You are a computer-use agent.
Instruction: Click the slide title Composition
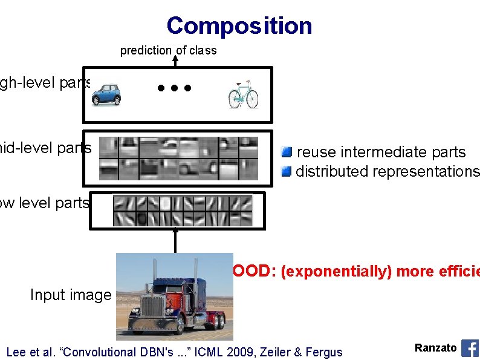pos(239,25)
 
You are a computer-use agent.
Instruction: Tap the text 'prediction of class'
pos(168,51)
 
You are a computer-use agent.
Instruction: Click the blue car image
pos(110,94)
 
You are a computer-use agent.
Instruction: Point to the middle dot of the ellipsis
pos(174,88)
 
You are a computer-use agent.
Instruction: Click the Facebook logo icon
pos(470,348)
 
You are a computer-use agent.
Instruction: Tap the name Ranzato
pos(435,348)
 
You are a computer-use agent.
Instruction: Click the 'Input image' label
pos(71,295)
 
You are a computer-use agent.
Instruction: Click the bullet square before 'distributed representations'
pos(287,171)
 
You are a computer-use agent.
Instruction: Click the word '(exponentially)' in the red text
pos(324,272)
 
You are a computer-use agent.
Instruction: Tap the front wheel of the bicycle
pos(251,100)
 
